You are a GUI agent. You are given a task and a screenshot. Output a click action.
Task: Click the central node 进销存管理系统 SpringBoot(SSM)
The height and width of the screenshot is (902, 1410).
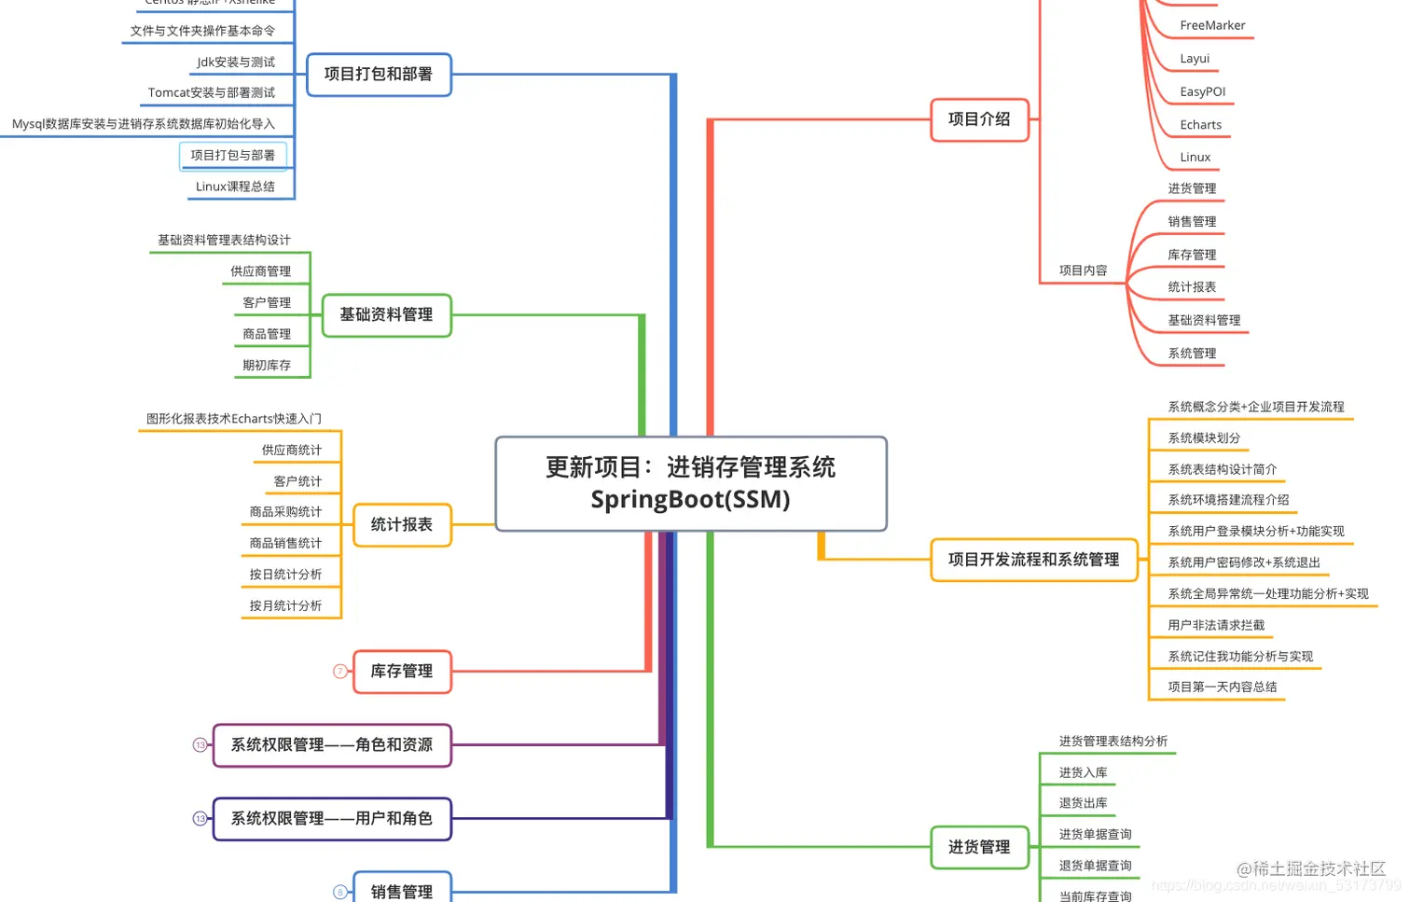[690, 483]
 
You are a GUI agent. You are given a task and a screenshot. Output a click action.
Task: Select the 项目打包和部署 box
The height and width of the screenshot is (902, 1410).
[379, 75]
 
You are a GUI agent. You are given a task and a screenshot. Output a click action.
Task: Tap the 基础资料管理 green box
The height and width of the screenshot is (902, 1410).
[386, 315]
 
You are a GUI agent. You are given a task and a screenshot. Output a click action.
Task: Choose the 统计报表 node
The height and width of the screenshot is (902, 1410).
[402, 525]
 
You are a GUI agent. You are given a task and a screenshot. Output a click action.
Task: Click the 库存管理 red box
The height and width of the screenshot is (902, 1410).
[402, 672]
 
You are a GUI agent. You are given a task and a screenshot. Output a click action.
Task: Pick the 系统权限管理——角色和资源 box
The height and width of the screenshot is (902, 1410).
[332, 745]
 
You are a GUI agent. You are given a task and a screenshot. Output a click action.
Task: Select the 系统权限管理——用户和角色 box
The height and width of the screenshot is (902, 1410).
[332, 819]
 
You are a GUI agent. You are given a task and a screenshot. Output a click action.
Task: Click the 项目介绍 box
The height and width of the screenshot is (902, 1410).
[979, 119]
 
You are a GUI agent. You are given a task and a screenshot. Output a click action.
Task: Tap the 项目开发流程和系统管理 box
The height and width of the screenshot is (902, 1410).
[1033, 560]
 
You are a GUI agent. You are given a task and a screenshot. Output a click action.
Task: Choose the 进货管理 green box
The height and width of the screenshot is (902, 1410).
[979, 847]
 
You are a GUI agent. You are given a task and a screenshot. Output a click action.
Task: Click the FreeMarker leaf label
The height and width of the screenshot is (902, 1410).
[1212, 26]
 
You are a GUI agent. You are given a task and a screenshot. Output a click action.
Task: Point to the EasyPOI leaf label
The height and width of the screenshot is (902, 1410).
[1202, 92]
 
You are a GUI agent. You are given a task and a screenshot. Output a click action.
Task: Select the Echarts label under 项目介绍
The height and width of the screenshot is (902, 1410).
[1200, 125]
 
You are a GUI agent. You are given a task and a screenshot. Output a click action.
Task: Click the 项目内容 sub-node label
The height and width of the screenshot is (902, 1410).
[1083, 271]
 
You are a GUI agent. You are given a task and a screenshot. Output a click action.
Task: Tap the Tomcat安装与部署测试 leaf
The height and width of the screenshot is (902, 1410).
[212, 93]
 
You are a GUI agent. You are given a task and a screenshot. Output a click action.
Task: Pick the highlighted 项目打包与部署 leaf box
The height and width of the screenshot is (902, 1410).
[233, 156]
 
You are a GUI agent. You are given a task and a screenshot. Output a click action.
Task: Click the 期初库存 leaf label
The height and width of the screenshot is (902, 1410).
[267, 366]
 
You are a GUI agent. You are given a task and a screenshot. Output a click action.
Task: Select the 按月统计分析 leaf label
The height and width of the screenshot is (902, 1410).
[285, 606]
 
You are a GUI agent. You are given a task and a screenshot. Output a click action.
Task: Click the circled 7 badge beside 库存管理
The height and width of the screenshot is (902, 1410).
[340, 672]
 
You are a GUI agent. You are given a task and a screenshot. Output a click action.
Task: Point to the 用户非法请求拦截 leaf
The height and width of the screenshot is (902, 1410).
[1216, 626]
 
